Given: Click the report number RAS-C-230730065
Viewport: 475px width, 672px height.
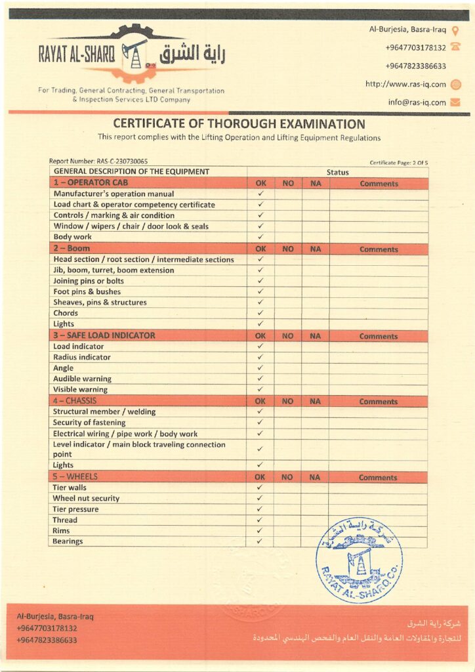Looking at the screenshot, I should (98, 161).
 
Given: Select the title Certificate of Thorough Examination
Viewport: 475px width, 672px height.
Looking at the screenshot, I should (239, 123).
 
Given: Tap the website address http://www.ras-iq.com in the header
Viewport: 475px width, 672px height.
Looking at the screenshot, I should (405, 84).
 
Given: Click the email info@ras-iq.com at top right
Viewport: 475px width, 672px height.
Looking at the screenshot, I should (417, 102).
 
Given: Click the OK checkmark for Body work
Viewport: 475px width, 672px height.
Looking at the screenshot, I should (260, 237).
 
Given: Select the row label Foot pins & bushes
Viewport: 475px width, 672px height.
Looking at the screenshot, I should (87, 291).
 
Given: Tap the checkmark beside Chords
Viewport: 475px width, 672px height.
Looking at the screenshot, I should (260, 313).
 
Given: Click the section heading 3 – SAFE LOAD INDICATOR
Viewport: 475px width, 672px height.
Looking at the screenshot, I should (104, 335).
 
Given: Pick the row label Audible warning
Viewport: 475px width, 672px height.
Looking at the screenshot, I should (82, 379).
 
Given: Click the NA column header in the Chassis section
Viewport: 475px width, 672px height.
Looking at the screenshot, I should (315, 401).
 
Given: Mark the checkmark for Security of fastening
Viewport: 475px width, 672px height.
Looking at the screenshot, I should (260, 423).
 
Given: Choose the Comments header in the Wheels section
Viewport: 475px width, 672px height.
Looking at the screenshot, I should (378, 478).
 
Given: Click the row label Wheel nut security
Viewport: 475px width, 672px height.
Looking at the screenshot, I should (86, 498).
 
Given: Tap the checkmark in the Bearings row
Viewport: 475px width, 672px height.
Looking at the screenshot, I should (260, 541).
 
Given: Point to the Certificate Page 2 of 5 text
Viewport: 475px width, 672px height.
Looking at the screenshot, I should (399, 163).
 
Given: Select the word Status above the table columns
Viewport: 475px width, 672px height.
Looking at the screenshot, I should (337, 172).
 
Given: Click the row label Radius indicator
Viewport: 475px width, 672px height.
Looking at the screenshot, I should (81, 357).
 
